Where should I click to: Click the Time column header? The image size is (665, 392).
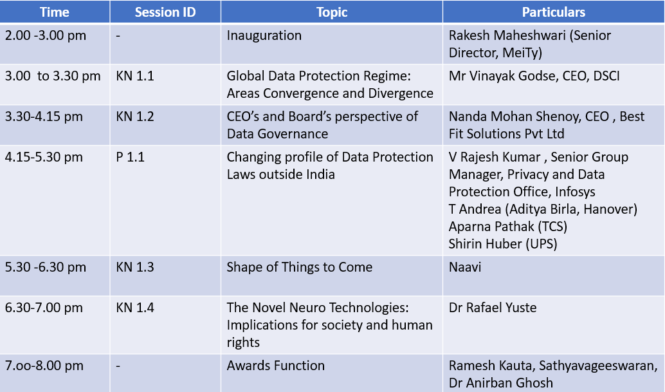[x=55, y=12]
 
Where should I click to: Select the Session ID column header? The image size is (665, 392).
[x=165, y=12]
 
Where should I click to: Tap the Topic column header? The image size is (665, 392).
[x=332, y=12]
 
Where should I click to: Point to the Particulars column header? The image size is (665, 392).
[x=554, y=12]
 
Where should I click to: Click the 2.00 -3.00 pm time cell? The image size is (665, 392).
[x=46, y=35]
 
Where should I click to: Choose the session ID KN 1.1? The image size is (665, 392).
[x=135, y=76]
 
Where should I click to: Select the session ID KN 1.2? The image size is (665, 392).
[x=135, y=117]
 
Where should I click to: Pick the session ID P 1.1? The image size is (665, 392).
[x=130, y=157]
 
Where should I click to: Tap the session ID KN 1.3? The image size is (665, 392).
[x=135, y=267]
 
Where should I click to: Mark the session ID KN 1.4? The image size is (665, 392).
[x=135, y=307]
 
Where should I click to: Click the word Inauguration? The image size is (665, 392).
[x=264, y=35]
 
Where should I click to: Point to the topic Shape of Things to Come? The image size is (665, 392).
[x=300, y=267]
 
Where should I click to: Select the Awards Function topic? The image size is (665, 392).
[x=276, y=365]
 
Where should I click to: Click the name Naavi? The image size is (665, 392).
[x=465, y=267]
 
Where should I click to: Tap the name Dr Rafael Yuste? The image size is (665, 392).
[x=493, y=307]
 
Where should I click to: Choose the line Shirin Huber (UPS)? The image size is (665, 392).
[x=503, y=244]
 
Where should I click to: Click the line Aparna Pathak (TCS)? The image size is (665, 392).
[x=508, y=227]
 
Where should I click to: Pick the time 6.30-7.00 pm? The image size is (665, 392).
[x=44, y=308]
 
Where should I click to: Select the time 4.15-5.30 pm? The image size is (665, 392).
[x=44, y=158]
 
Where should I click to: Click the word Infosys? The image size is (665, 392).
[x=575, y=192]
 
